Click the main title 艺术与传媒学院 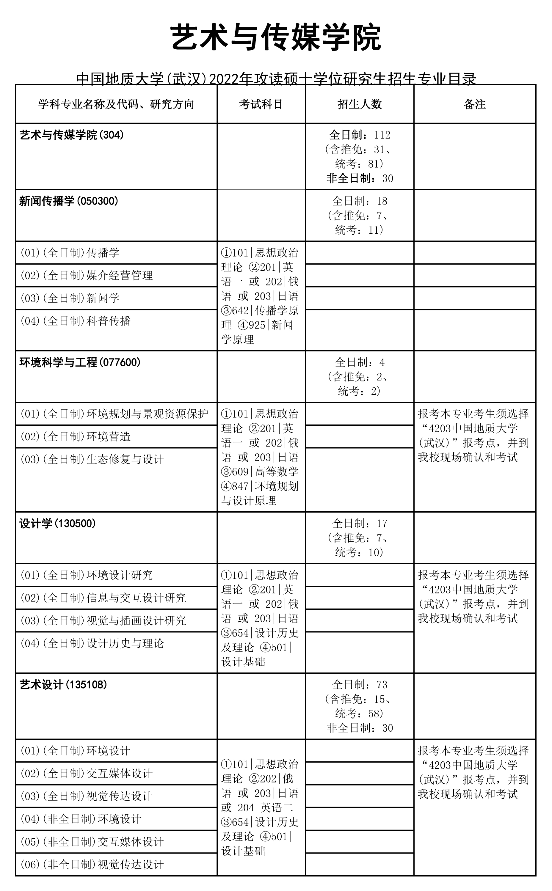click(276, 37)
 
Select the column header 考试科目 click(261, 104)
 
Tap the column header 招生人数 click(360, 104)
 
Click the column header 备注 click(475, 104)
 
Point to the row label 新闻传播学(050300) click(69, 201)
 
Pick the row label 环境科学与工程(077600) click(80, 362)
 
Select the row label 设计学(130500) click(58, 524)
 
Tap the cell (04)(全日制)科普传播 click(76, 321)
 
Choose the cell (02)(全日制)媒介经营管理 click(87, 276)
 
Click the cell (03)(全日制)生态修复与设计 click(92, 459)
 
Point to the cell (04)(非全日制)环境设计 click(81, 819)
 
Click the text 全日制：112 click(360, 135)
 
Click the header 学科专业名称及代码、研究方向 click(116, 104)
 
